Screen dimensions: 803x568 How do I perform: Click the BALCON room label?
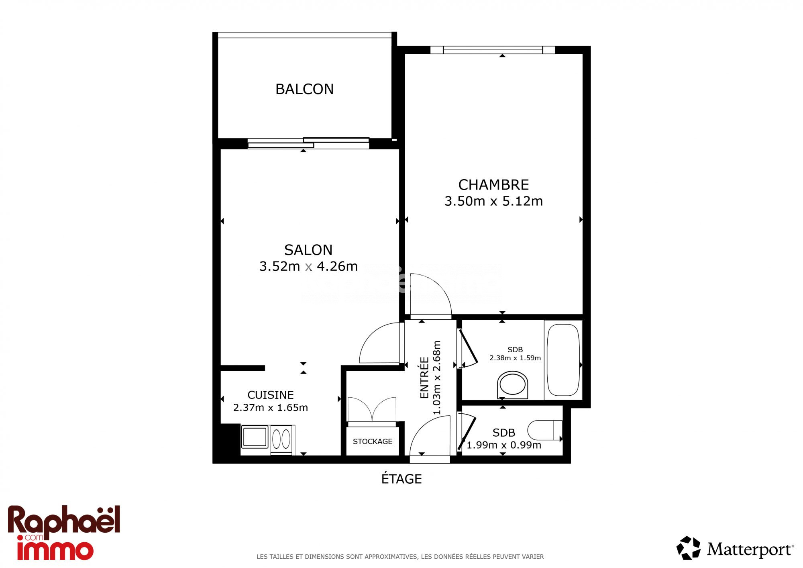(304, 89)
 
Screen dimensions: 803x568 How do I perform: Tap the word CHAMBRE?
(493, 185)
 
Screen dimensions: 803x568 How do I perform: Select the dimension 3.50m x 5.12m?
(493, 201)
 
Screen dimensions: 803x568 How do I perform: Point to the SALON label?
(308, 250)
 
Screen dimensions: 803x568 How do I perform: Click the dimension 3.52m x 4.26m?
(308, 266)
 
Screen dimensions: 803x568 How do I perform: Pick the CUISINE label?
(271, 395)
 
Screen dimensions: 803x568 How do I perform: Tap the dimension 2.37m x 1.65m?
(271, 407)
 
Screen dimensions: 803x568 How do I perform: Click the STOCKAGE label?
(373, 441)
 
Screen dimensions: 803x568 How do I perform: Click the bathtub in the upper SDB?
(563, 360)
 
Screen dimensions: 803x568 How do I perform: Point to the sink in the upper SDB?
(512, 385)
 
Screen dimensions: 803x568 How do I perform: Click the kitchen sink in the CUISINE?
(255, 437)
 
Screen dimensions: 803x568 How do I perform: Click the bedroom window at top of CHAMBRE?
(493, 50)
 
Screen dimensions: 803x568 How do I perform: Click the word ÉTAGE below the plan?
(401, 478)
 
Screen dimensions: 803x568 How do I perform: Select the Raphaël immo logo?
(64, 533)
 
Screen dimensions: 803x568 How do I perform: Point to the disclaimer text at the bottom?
(400, 557)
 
